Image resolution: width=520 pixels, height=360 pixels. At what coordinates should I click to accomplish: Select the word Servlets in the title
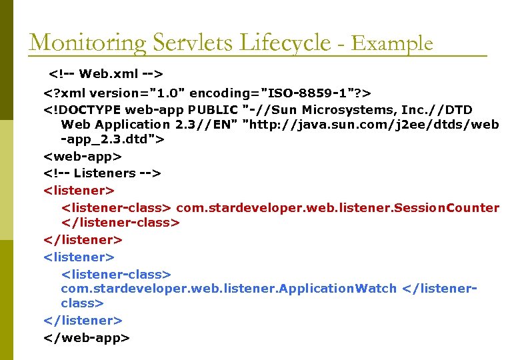(185, 43)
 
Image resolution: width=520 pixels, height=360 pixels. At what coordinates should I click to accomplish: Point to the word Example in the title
(392, 44)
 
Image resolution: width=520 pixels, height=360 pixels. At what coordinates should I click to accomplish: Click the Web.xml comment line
(106, 71)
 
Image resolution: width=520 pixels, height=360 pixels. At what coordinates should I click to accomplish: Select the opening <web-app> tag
(83, 157)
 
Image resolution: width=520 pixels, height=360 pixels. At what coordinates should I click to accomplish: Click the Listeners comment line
(102, 173)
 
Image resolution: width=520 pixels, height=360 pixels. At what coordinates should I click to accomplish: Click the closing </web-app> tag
(86, 338)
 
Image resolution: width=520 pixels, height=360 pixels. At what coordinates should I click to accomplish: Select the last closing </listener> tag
(83, 321)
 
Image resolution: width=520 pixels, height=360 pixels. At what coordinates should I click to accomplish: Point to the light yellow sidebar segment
(6, 180)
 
